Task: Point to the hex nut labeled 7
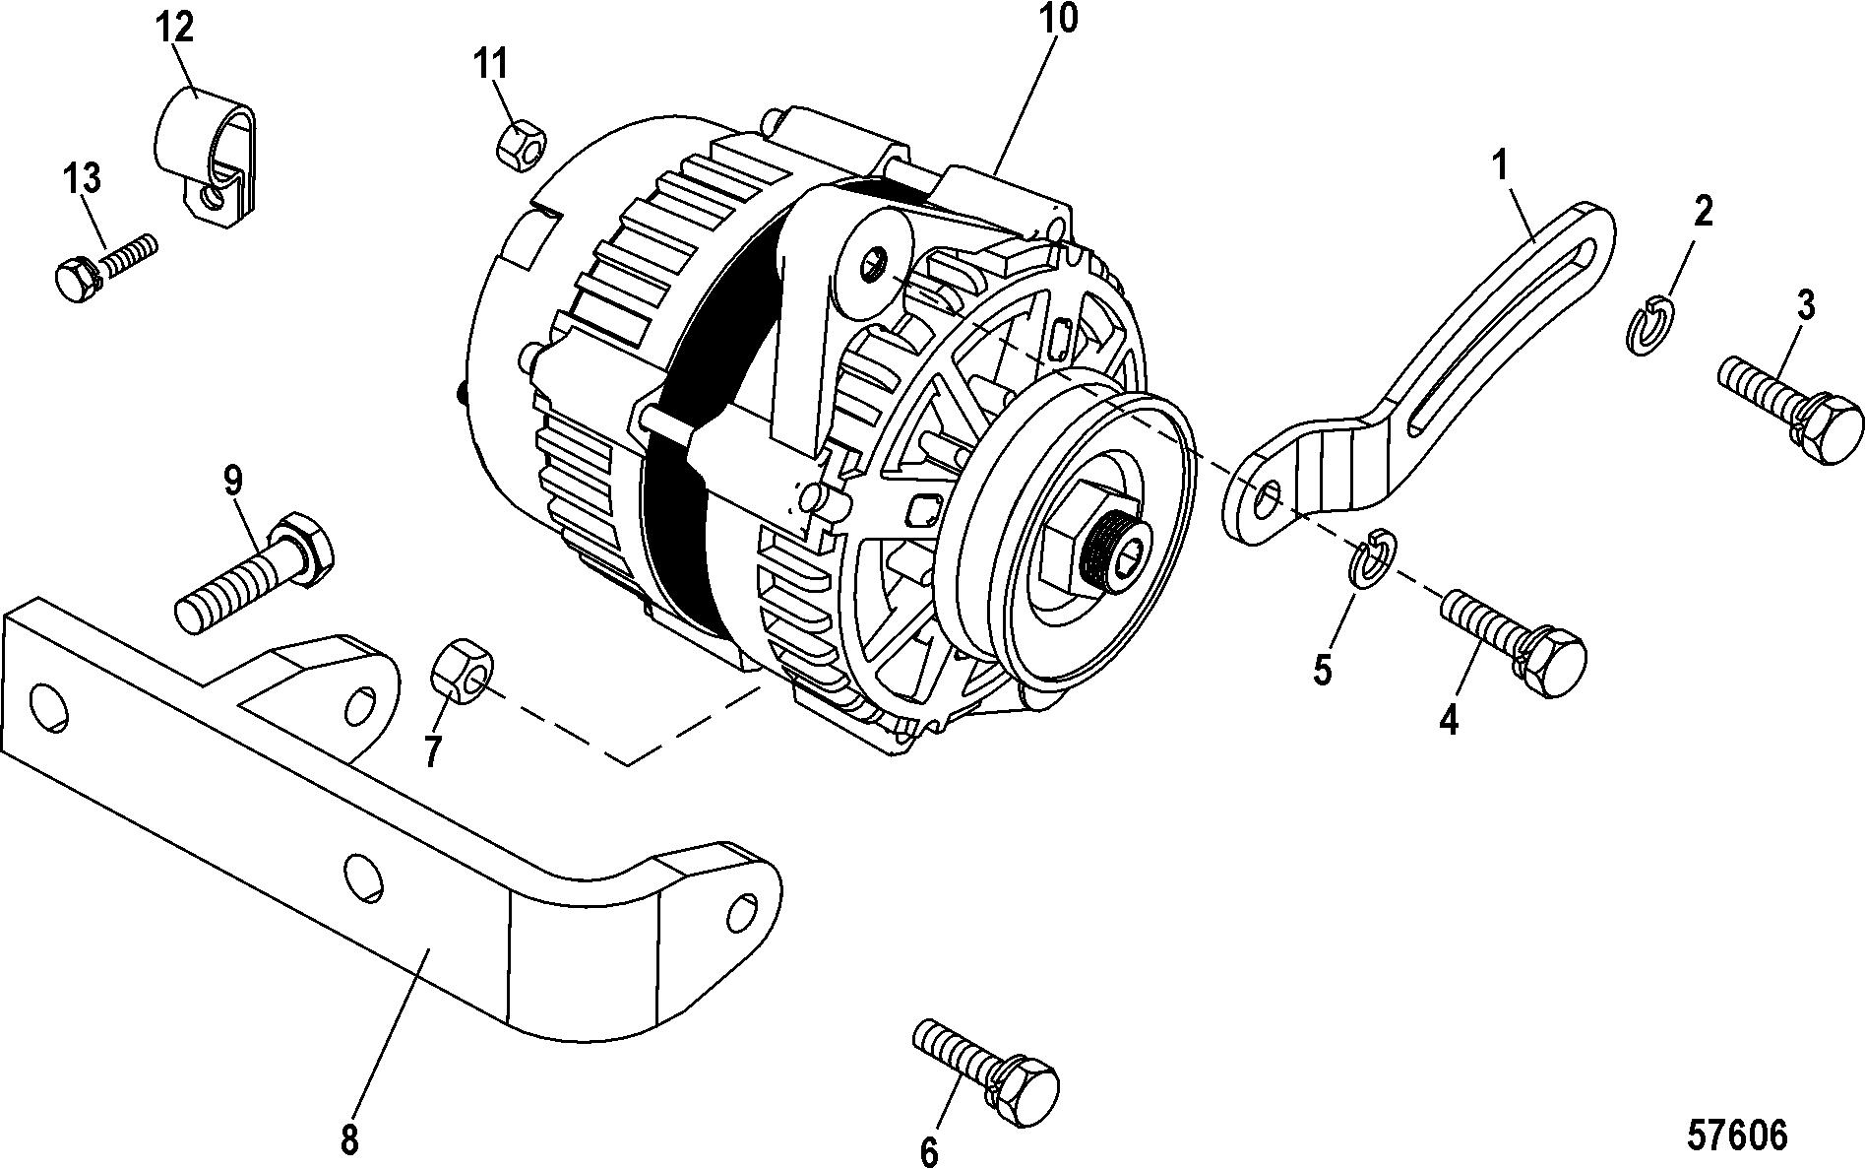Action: (458, 671)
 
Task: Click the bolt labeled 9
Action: (255, 572)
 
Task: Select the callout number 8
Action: (350, 1140)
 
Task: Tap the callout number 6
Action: (928, 1150)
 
